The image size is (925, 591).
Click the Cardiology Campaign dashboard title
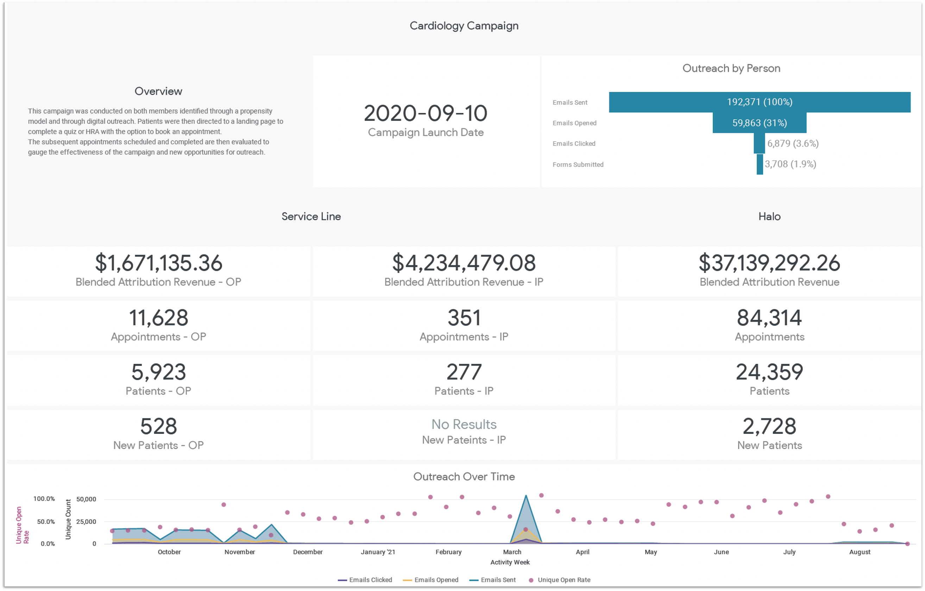pyautogui.click(x=464, y=26)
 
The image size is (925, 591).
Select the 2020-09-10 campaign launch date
pyautogui.click(x=425, y=113)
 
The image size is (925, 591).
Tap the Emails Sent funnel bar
pyautogui.click(x=760, y=102)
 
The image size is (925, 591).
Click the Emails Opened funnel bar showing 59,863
pyautogui.click(x=760, y=123)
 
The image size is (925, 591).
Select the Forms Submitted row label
pyautogui.click(x=578, y=164)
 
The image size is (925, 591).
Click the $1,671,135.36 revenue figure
pyautogui.click(x=158, y=263)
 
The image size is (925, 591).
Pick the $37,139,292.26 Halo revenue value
pyautogui.click(x=769, y=263)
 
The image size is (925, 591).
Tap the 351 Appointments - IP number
pyautogui.click(x=464, y=318)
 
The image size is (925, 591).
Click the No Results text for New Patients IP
pyautogui.click(x=464, y=424)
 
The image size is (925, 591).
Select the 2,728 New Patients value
pyautogui.click(x=769, y=426)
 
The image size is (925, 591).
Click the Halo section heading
pyautogui.click(x=769, y=216)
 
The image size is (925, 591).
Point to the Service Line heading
pyautogui.click(x=311, y=216)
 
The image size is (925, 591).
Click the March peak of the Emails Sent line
pyautogui.click(x=526, y=496)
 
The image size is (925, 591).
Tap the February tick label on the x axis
pyautogui.click(x=448, y=552)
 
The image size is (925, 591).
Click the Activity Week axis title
pyautogui.click(x=510, y=562)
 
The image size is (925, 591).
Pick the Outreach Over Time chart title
pyautogui.click(x=464, y=477)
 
